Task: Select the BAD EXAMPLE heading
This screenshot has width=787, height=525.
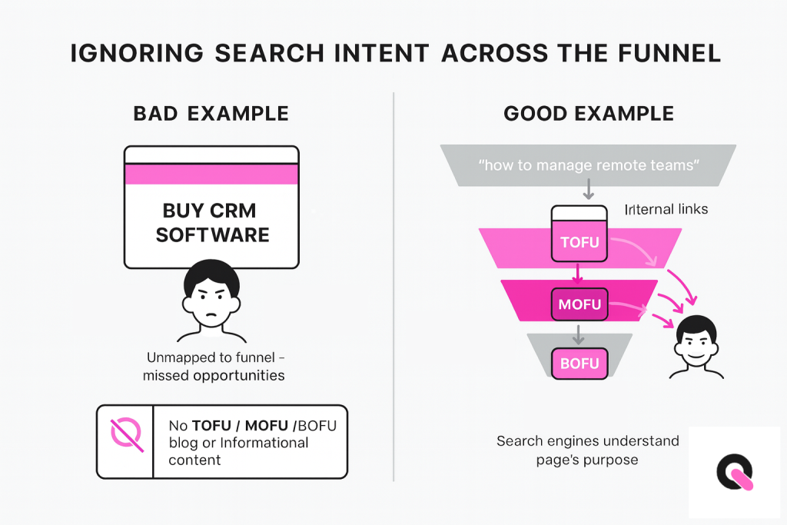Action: click(x=211, y=115)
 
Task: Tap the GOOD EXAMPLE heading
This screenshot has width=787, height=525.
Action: click(x=589, y=115)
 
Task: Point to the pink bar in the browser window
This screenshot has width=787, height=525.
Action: click(x=211, y=174)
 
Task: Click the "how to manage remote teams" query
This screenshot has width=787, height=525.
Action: click(x=588, y=164)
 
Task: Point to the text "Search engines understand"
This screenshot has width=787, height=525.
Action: click(x=587, y=441)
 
